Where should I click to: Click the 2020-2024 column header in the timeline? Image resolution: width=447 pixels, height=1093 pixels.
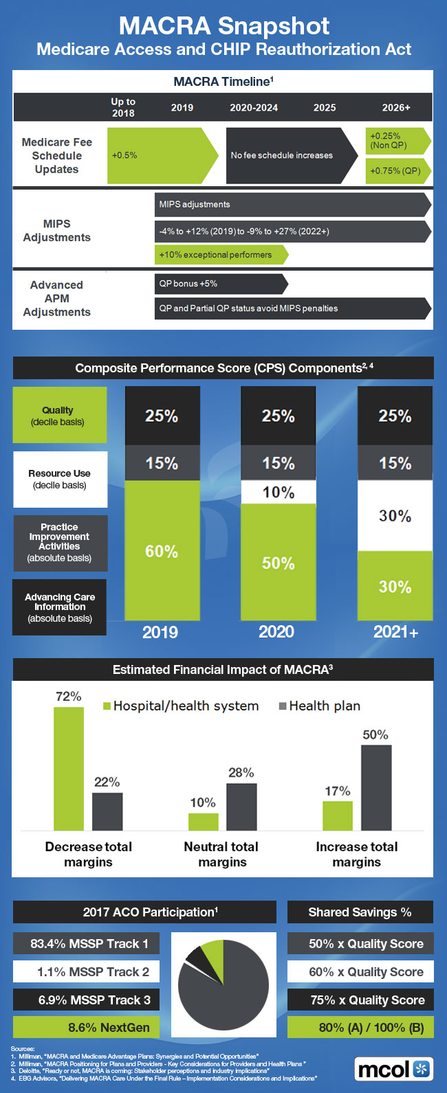254,108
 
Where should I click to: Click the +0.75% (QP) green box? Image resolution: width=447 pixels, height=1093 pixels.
396,170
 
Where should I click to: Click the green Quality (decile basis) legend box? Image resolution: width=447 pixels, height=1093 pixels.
60,415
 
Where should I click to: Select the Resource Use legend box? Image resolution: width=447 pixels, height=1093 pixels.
60,479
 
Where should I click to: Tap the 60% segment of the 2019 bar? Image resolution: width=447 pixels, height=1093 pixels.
162,551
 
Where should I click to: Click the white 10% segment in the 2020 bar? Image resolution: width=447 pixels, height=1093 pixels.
279,492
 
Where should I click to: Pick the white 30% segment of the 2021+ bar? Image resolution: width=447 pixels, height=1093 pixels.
395,516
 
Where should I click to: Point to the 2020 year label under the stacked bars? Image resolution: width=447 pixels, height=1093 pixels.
276,632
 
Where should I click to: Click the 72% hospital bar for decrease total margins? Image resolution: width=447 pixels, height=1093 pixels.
69,769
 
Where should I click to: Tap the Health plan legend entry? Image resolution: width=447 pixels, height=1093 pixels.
319,706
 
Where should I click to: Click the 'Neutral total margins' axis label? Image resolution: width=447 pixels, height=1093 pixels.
221,855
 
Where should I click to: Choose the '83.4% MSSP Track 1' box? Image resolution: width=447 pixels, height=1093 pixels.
87,944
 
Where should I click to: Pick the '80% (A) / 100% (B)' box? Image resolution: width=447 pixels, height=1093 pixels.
360,1028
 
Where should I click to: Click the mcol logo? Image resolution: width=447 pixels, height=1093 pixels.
394,1069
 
